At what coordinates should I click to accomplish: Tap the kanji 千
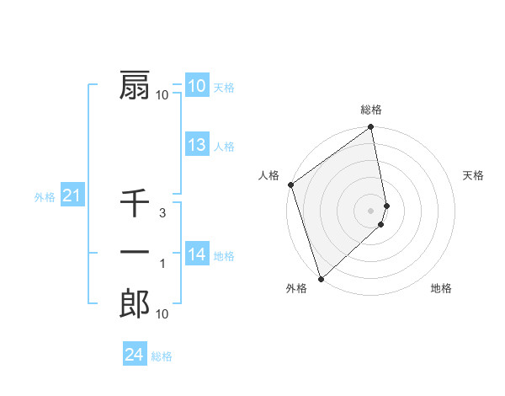[x=135, y=203]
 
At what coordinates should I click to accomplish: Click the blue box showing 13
[x=197, y=145]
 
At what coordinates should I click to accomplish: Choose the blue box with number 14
[x=197, y=254]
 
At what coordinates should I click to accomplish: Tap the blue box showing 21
[x=72, y=196]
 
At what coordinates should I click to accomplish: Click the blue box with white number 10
[x=197, y=85]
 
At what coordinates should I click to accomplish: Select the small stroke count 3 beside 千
[x=162, y=213]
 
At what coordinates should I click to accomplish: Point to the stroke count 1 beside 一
[x=162, y=265]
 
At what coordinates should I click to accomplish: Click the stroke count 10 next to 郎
[x=162, y=315]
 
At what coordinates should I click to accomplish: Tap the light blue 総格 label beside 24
[x=162, y=356]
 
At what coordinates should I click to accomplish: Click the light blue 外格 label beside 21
[x=45, y=197]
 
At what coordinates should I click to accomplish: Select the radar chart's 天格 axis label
[x=474, y=175]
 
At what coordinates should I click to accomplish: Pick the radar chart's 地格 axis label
[x=441, y=289]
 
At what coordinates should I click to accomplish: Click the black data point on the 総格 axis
[x=370, y=128]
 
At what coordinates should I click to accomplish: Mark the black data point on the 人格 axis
[x=291, y=185]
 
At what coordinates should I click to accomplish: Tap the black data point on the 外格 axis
[x=321, y=278]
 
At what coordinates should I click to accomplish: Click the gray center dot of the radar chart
[x=370, y=210]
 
